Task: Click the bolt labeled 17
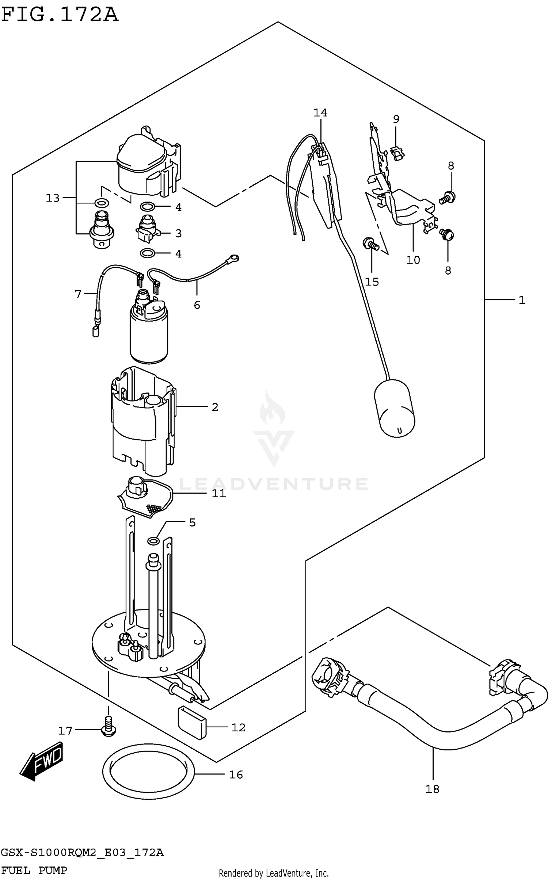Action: [109, 726]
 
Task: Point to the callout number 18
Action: [432, 789]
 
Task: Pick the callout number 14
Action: [320, 113]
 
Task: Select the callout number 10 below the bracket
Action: [413, 260]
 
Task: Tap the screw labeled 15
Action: [371, 244]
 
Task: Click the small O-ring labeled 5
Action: [153, 540]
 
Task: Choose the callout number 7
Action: [78, 294]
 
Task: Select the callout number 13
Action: [53, 198]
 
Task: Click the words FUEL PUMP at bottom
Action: [34, 870]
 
